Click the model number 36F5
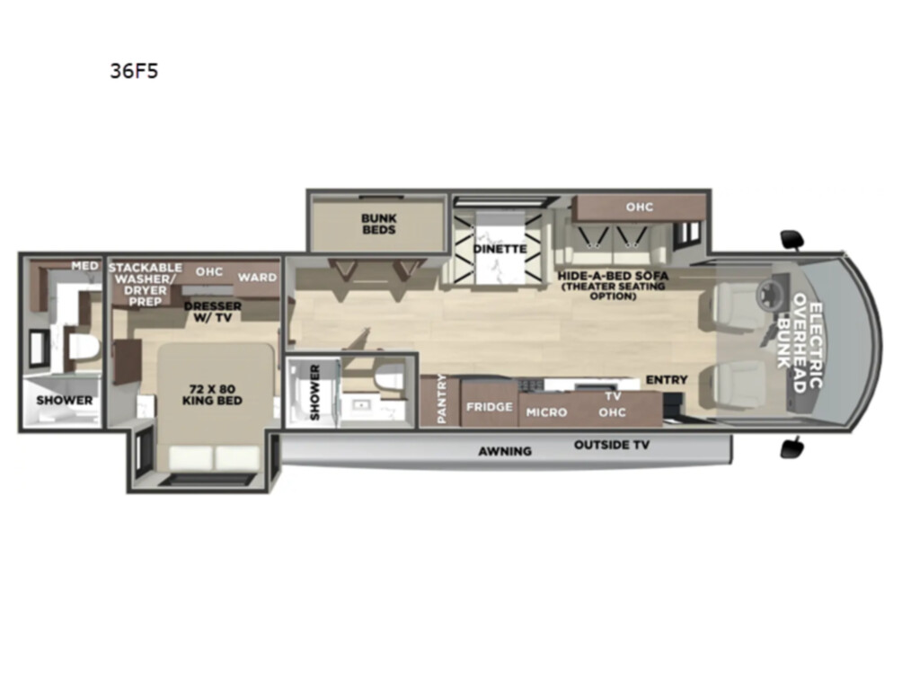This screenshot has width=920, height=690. tap(135, 71)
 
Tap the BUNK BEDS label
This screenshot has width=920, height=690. tap(379, 224)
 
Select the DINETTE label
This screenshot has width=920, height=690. tap(500, 249)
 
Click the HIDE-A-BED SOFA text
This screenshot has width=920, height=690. tap(613, 275)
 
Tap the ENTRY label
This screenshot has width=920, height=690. tap(667, 380)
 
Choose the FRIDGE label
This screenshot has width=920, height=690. tap(490, 407)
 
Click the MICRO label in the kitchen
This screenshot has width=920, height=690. tap(546, 412)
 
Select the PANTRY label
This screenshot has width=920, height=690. tap(442, 398)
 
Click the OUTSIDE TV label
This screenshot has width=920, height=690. tap(612, 445)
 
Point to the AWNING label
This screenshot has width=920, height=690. tap(505, 451)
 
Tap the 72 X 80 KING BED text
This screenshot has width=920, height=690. tap(212, 395)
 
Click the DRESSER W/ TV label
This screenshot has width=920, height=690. tap(212, 312)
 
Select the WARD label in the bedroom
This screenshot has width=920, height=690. tap(257, 277)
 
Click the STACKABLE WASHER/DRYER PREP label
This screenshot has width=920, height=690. tap(145, 285)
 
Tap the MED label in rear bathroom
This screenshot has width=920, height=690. tap(85, 266)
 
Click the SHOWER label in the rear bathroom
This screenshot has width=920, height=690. tap(65, 400)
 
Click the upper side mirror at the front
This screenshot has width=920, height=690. tap(792, 239)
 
